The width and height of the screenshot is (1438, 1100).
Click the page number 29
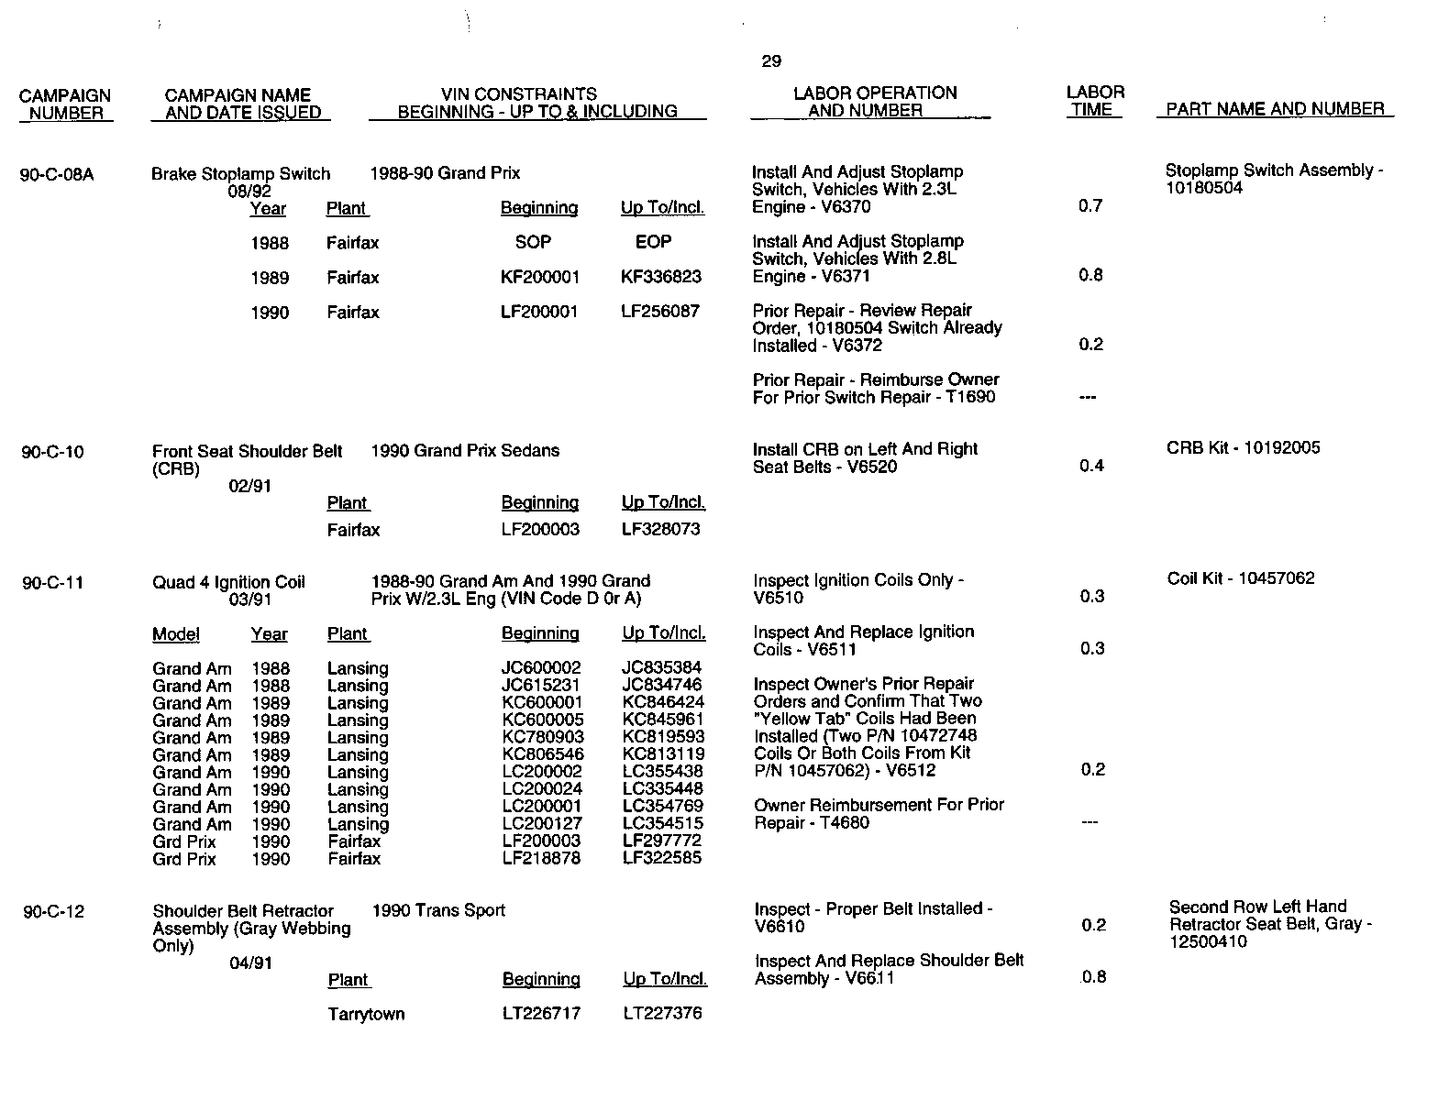[771, 61]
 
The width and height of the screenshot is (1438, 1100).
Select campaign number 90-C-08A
[57, 174]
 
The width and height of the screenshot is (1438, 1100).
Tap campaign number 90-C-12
[54, 911]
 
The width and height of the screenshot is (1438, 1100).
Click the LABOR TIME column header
[1095, 101]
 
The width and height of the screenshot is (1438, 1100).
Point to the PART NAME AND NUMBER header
[1275, 109]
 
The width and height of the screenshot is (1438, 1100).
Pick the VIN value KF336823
[661, 277]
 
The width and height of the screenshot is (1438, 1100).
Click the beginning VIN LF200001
[539, 312]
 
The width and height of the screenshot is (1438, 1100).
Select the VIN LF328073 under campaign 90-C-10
[661, 529]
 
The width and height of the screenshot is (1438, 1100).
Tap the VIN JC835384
[662, 668]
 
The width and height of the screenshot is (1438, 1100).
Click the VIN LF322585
[662, 859]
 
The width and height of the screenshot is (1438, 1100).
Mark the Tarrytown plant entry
[366, 1014]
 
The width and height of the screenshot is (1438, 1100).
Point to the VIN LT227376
[663, 1013]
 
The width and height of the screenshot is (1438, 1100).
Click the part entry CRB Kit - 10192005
[1244, 448]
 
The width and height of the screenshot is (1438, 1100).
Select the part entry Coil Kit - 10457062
[1241, 578]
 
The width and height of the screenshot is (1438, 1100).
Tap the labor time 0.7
[1090, 205]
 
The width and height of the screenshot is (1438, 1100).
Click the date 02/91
[249, 486]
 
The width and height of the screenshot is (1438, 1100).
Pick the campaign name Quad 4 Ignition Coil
[228, 582]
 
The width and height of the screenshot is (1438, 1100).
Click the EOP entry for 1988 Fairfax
[653, 242]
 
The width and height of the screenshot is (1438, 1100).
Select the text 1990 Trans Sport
[438, 910]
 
